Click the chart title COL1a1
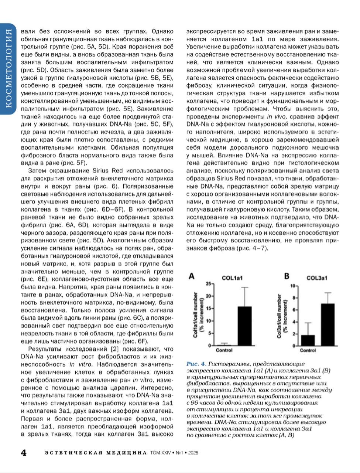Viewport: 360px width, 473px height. point(232,278)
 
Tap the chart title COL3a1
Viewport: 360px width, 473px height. point(316,278)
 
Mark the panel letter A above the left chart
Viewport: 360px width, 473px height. point(192,276)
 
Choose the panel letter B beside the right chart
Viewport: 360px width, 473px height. point(287,276)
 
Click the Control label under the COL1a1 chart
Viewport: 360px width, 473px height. point(224,350)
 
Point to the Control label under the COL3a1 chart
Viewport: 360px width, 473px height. point(308,350)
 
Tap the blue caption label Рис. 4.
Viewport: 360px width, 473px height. point(196,364)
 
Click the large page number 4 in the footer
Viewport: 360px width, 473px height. point(23,453)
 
